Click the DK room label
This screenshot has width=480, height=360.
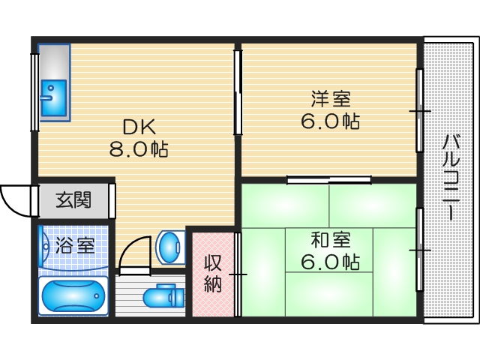138,125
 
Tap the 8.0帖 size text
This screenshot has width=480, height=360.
138,150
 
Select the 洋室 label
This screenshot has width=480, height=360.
330,97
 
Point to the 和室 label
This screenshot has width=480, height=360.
330,239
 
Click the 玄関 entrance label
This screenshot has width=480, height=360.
75,200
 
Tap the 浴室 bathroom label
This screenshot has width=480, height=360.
74,244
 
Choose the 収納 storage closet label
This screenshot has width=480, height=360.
212,274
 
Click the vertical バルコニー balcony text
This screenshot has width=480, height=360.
451,176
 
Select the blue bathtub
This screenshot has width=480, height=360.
73,296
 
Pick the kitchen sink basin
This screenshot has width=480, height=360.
53,96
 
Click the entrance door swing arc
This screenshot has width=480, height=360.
15,199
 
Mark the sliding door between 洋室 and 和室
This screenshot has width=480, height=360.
329,180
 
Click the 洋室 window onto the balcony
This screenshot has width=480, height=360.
419,111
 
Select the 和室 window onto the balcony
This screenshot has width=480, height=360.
419,247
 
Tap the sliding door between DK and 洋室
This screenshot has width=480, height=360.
238,93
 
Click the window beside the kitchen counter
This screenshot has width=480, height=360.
34,90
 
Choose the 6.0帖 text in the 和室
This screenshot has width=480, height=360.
330,262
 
